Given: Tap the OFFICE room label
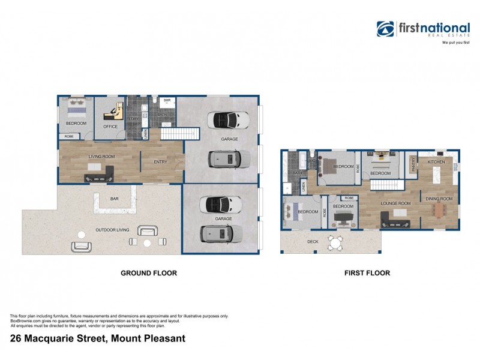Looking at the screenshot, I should (110, 127).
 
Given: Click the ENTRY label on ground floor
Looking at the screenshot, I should (161, 161).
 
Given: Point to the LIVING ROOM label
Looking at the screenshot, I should (101, 157).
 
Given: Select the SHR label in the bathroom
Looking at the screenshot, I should (167, 100).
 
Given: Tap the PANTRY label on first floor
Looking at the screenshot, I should (413, 166).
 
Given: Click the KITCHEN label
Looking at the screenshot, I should (436, 162).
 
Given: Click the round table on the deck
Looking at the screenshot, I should (334, 242).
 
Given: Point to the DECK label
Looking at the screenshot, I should (313, 242).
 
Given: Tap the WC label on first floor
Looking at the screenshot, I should (313, 161).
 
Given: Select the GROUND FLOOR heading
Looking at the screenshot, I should (149, 273).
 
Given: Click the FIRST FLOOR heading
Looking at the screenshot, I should (367, 273).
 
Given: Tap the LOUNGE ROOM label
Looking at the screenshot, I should (396, 203).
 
